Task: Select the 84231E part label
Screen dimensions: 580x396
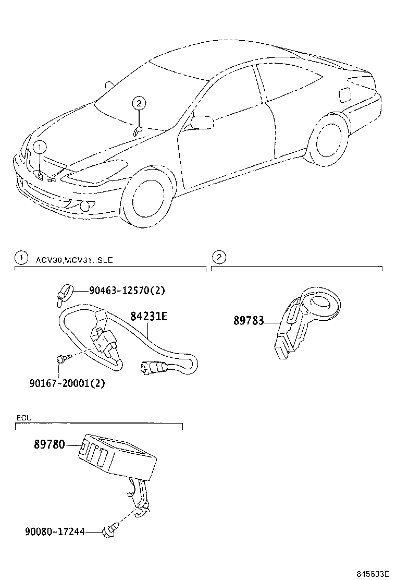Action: (148, 316)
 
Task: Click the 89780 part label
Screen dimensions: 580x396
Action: (49, 445)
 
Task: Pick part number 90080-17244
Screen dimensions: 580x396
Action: (55, 532)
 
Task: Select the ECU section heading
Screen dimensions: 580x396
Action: (24, 418)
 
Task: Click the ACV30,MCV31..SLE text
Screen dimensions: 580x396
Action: (75, 259)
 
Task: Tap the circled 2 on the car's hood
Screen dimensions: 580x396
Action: (138, 103)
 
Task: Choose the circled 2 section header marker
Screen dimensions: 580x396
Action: (219, 257)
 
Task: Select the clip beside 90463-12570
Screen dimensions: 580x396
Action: (64, 293)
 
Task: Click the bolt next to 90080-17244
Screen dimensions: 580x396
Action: (111, 530)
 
